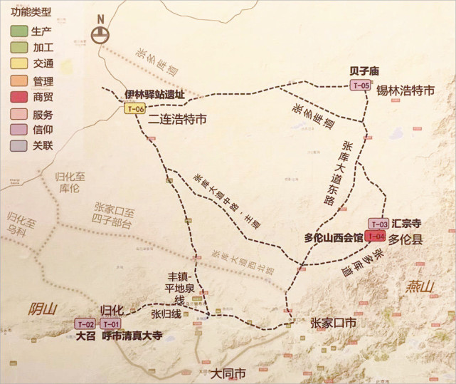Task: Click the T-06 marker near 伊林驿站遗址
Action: pos(134,109)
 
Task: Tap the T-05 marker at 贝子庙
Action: pos(361,85)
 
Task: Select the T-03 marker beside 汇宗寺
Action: pos(377,224)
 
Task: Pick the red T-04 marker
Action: pos(376,236)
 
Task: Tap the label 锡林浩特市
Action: pos(405,90)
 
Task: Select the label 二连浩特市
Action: pos(177,120)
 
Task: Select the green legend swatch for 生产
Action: pos(18,31)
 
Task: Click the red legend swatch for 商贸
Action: pos(18,97)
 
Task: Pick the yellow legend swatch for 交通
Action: pos(18,64)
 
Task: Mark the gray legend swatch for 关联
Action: pos(18,146)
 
